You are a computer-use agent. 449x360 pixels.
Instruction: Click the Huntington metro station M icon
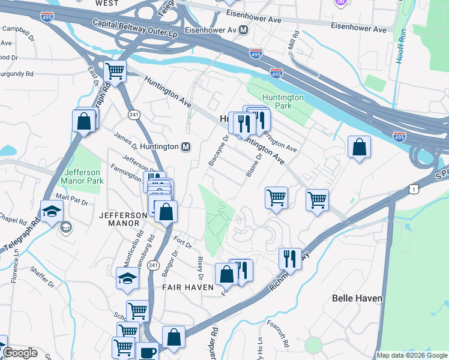186,147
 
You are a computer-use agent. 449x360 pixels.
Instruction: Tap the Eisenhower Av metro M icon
244,29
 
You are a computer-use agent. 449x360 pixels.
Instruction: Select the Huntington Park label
283,101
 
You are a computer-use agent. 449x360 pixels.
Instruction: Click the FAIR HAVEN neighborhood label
188,287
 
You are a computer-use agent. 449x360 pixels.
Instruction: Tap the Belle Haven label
356,298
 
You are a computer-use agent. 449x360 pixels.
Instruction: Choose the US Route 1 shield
412,188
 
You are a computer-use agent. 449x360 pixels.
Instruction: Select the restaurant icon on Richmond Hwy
290,259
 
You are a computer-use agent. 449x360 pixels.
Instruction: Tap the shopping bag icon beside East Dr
84,120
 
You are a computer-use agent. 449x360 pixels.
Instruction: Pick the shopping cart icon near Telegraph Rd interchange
114,71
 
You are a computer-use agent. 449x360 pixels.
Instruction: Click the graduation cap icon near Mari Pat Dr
52,211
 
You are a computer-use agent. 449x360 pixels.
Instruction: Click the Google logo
20,353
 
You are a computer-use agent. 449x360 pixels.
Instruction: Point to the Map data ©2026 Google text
412,355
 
